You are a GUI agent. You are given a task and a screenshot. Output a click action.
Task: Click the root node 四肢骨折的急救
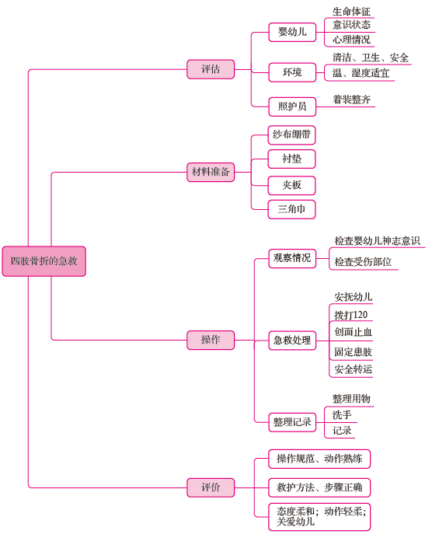click(x=44, y=261)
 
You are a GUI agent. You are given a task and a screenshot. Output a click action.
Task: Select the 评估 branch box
click(x=211, y=69)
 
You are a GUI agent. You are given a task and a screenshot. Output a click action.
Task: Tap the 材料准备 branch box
click(x=211, y=172)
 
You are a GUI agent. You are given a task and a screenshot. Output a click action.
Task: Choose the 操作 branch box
click(x=211, y=340)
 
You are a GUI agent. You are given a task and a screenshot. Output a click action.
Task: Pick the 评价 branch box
click(x=211, y=487)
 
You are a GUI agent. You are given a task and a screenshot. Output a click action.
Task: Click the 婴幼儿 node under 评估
click(x=292, y=32)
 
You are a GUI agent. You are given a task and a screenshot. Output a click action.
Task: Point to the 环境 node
click(x=292, y=72)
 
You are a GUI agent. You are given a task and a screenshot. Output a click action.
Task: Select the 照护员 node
click(x=292, y=107)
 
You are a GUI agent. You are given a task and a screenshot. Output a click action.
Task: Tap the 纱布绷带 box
click(x=291, y=134)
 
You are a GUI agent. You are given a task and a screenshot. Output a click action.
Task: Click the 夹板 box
click(x=291, y=186)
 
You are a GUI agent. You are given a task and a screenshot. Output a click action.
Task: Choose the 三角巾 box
click(x=291, y=209)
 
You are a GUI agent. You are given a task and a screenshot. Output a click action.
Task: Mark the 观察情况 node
click(x=292, y=258)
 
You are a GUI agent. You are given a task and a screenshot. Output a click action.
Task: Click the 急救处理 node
click(x=292, y=341)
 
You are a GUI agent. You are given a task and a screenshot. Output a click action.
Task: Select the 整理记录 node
click(x=292, y=422)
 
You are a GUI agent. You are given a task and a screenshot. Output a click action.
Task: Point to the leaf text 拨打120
click(x=350, y=315)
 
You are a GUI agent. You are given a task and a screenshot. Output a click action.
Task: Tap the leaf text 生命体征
click(x=351, y=12)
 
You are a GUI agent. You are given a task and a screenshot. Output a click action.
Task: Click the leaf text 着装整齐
click(x=351, y=100)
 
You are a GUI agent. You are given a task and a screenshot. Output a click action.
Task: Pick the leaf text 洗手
click(x=342, y=415)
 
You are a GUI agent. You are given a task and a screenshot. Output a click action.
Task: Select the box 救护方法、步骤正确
click(x=319, y=487)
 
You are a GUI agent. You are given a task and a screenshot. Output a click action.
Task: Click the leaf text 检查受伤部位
click(x=363, y=262)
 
